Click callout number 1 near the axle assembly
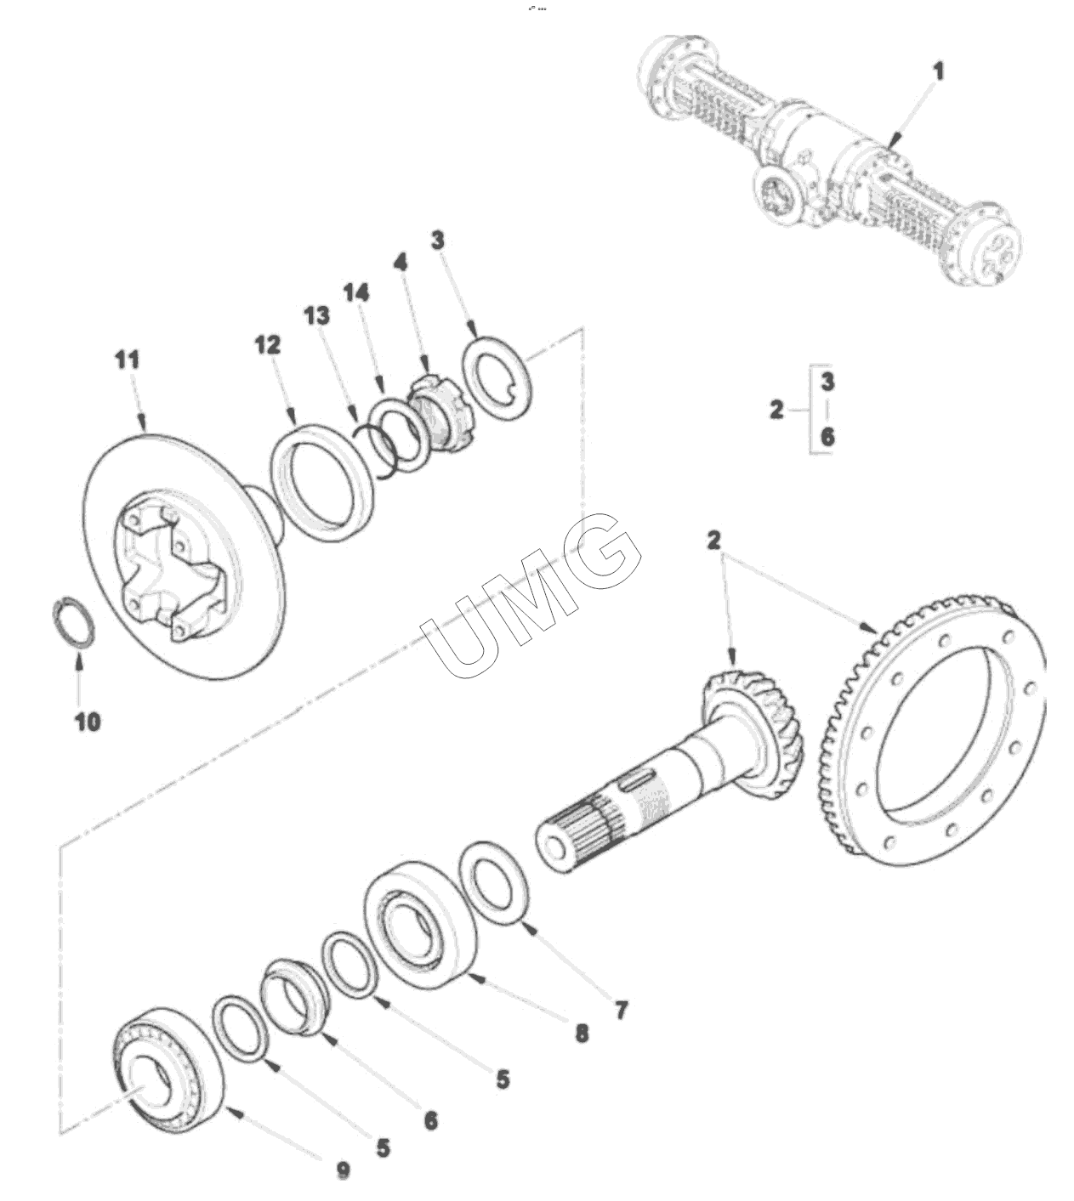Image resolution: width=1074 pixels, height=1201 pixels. pyautogui.click(x=938, y=73)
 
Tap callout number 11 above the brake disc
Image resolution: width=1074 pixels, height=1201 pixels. pyautogui.click(x=128, y=360)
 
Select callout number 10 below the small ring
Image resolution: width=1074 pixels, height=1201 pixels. pyautogui.click(x=88, y=722)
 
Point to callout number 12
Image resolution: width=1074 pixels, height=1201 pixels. pyautogui.click(x=268, y=344)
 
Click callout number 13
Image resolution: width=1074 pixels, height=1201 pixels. pyautogui.click(x=317, y=316)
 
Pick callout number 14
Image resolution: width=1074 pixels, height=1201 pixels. pyautogui.click(x=355, y=292)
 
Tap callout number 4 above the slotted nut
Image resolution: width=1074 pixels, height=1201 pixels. pyautogui.click(x=401, y=262)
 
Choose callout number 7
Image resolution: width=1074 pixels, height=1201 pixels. pyautogui.click(x=621, y=1010)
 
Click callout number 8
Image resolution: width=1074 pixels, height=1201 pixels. pyautogui.click(x=582, y=1034)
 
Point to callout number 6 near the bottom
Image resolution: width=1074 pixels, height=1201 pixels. pyautogui.click(x=431, y=1119)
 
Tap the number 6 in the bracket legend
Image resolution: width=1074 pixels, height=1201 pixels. pyautogui.click(x=827, y=437)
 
